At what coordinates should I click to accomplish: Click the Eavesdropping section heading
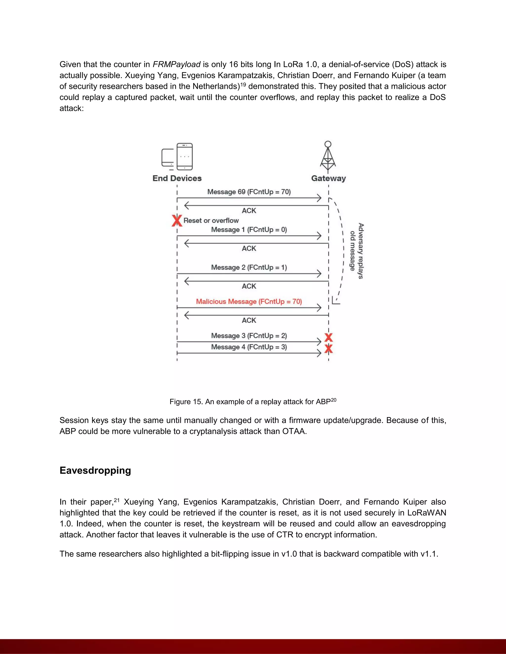(95, 470)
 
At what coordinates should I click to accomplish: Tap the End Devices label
(177, 178)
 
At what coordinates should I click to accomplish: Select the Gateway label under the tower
(328, 178)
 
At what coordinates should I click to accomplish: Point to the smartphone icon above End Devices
(184, 156)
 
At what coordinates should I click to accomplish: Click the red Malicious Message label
(249, 302)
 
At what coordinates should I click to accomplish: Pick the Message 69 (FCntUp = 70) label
(249, 192)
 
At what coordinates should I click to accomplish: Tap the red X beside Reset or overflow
(177, 221)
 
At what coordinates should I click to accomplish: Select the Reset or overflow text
(211, 221)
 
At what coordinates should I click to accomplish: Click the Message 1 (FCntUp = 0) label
(249, 230)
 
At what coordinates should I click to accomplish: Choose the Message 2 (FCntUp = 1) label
(249, 268)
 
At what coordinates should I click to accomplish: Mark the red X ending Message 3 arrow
(329, 337)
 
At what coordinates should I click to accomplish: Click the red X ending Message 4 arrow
(329, 349)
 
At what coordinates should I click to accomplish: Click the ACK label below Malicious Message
(249, 320)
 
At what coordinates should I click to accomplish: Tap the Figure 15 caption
(253, 402)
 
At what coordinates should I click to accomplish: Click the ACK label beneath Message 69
(249, 211)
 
